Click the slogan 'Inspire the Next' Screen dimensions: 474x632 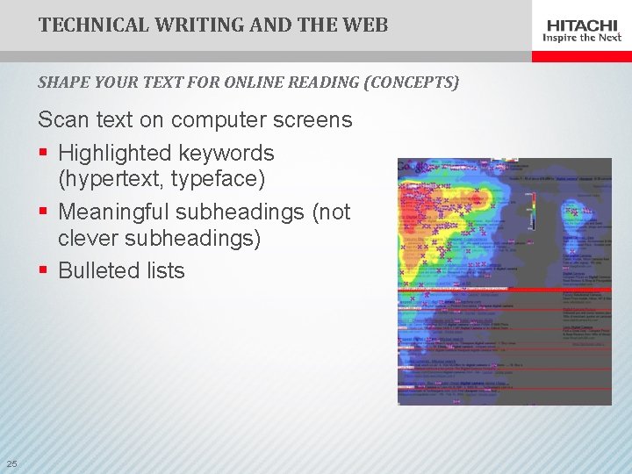(x=582, y=38)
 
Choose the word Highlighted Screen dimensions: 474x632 (x=114, y=153)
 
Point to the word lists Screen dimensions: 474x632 (x=165, y=270)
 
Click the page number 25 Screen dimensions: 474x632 (x=11, y=463)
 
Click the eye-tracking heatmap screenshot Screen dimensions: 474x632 (x=504, y=281)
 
